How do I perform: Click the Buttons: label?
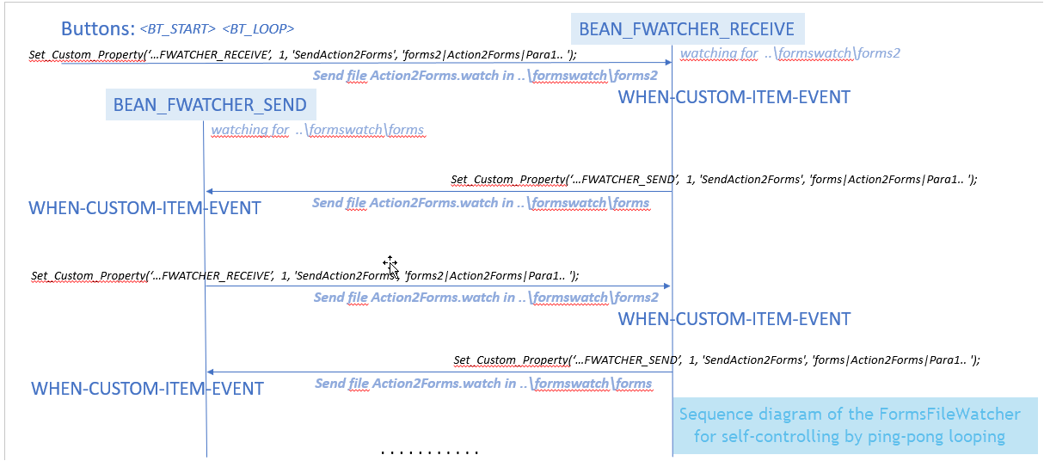pyautogui.click(x=97, y=28)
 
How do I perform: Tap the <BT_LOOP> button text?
pyautogui.click(x=258, y=29)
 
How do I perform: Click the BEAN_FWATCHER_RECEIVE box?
pyautogui.click(x=686, y=28)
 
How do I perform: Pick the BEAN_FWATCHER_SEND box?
pyautogui.click(x=210, y=105)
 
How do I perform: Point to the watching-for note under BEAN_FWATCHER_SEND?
pyautogui.click(x=317, y=130)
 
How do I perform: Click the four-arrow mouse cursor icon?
pyautogui.click(x=390, y=263)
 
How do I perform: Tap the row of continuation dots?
pyautogui.click(x=429, y=452)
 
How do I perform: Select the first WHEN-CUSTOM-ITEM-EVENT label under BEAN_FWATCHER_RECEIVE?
pyautogui.click(x=734, y=97)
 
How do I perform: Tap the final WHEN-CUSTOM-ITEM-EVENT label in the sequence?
pyautogui.click(x=147, y=388)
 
